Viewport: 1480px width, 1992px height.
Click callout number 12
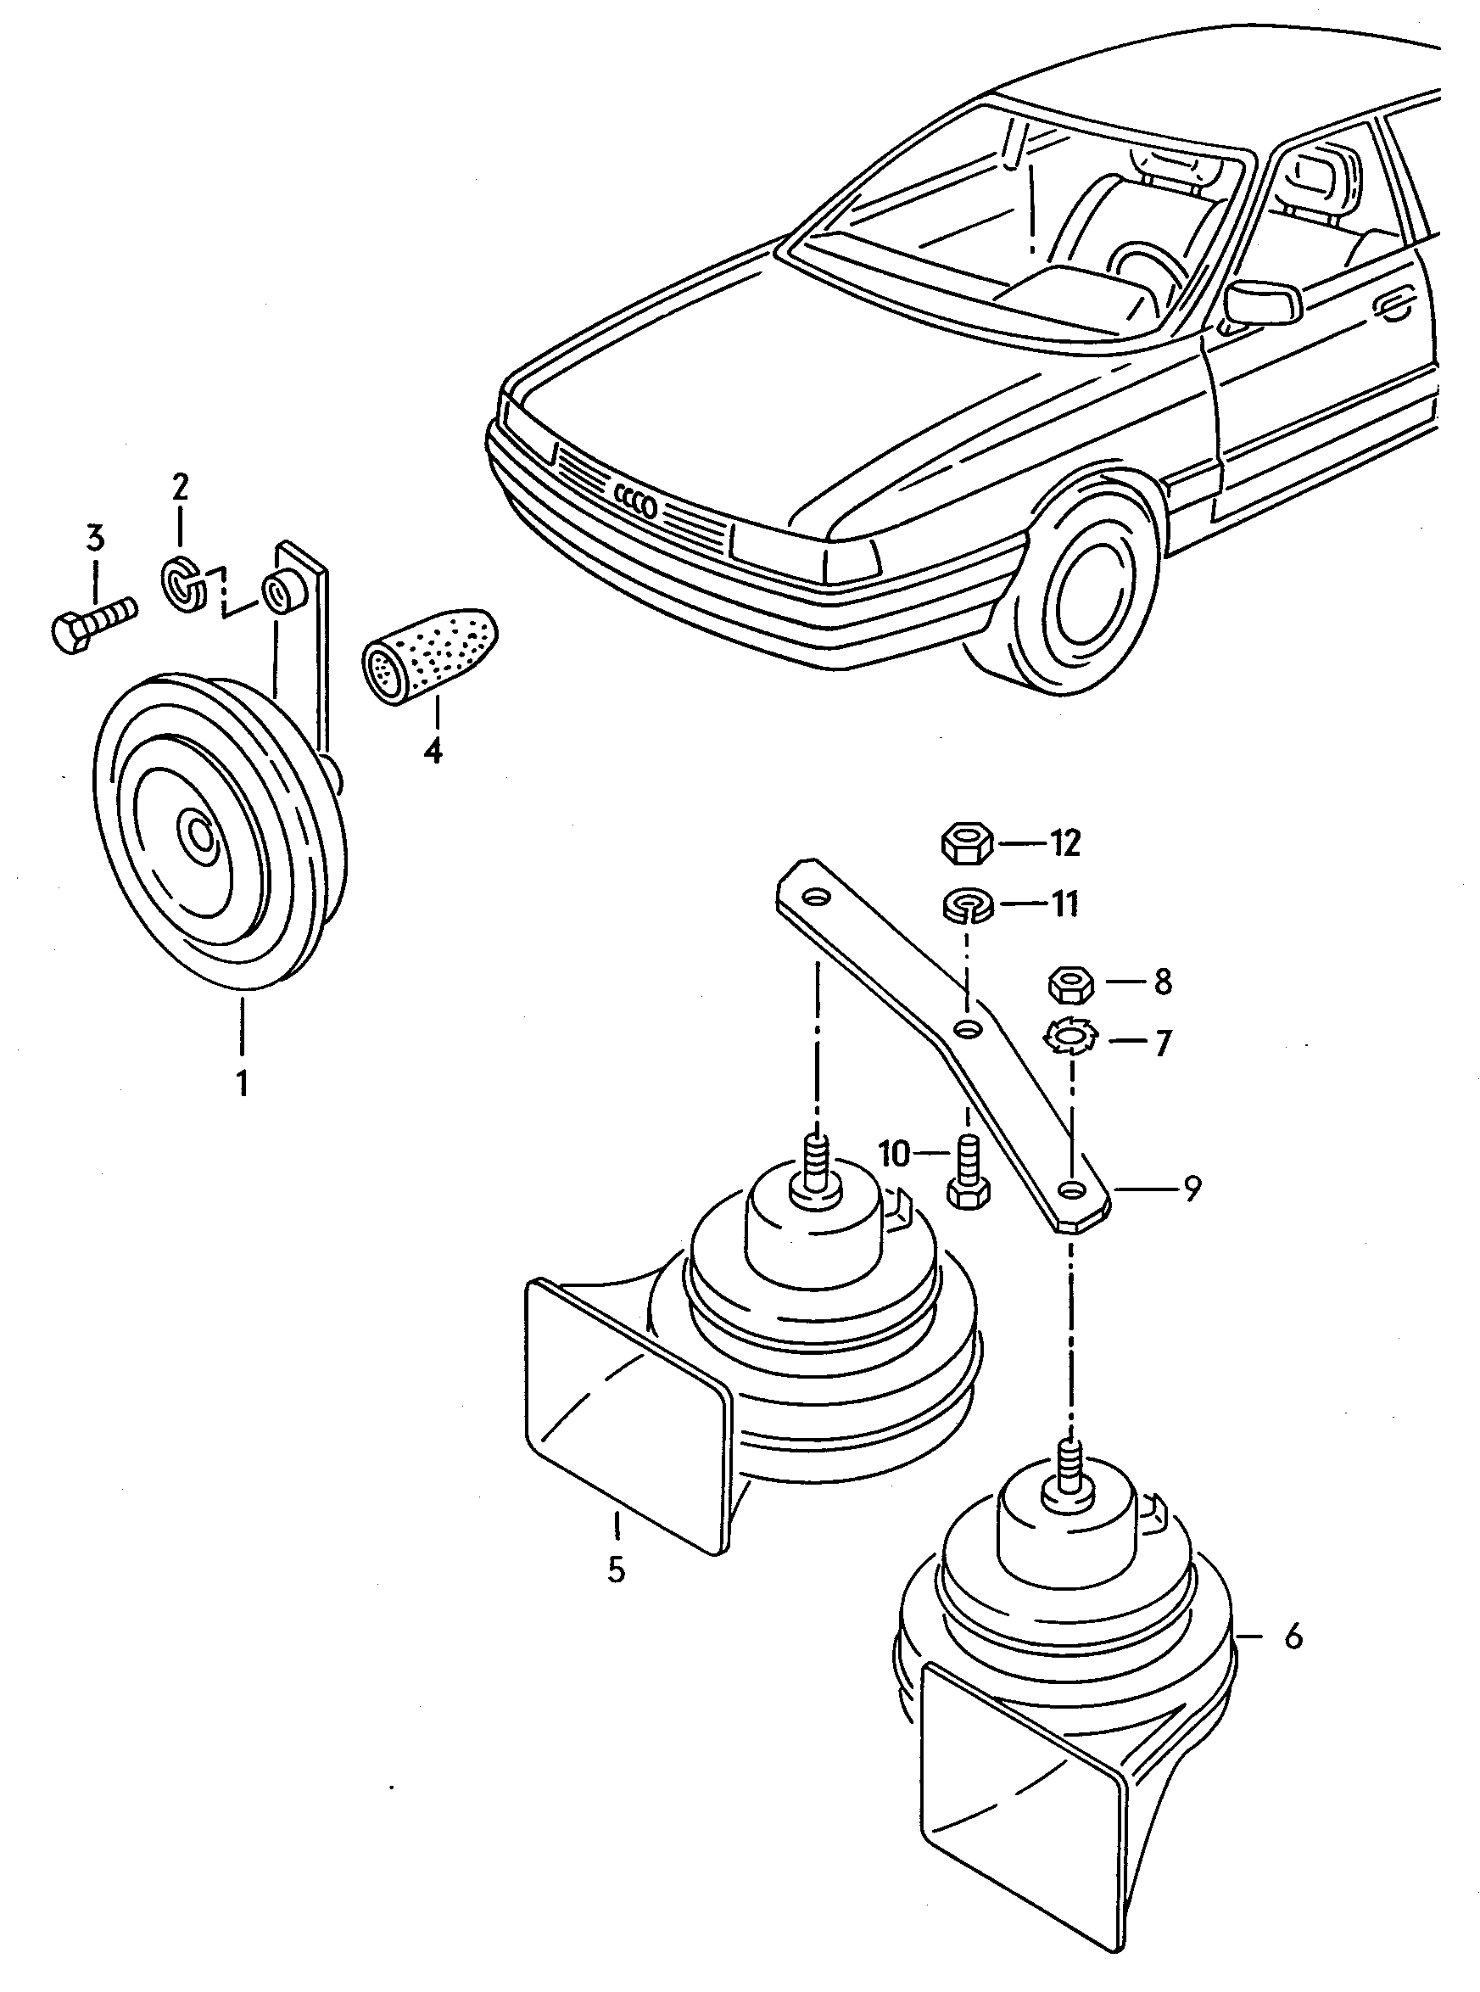[x=1065, y=843]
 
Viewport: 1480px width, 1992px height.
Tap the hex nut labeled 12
[x=966, y=844]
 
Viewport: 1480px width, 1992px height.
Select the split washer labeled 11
[x=969, y=905]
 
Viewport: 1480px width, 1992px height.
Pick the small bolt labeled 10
[x=968, y=1174]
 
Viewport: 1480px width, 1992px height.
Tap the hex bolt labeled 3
[x=94, y=621]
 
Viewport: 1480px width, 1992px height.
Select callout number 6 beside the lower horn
[x=1293, y=1637]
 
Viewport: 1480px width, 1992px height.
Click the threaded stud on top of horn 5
[x=816, y=1162]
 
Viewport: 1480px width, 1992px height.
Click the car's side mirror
[x=1262, y=302]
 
